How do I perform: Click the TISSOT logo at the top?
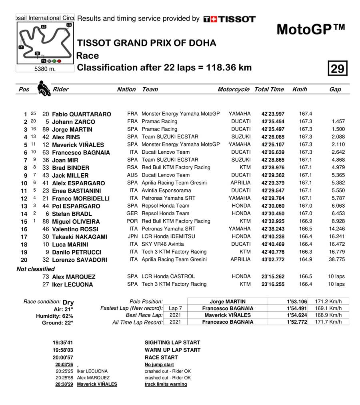pos(229,19)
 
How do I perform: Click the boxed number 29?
pos(337,69)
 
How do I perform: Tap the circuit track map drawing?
pos(45,42)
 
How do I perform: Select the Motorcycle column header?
pos(233,89)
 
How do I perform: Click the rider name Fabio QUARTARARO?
pos(82,114)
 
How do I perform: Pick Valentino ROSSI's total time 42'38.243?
pos(273,229)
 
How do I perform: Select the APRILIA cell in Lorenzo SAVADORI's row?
pos(240,259)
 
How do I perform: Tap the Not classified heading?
pos(36,269)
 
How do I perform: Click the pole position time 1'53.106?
pos(297,301)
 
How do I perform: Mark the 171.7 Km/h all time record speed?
pos(328,322)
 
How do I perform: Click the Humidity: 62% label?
pos(54,316)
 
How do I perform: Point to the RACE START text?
pos(161,357)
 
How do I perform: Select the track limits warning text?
pos(166,384)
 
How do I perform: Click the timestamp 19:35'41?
pos(63,343)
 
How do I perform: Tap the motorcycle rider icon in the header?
pos(44,88)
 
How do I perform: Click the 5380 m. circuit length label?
pos(45,69)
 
